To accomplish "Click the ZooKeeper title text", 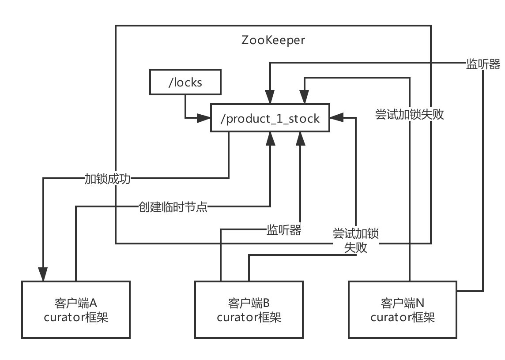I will [273, 40].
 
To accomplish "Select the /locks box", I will [185, 82].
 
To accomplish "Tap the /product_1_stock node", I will [270, 118].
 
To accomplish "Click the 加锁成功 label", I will [107, 179].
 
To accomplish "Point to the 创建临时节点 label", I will [173, 206].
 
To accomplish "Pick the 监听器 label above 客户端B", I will [283, 230].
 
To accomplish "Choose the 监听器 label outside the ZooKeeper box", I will [483, 64].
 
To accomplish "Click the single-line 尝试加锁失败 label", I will [409, 115].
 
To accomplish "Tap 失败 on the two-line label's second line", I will [355, 247].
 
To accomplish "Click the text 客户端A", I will [76, 304].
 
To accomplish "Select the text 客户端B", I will [249, 304].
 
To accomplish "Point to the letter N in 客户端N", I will [420, 304].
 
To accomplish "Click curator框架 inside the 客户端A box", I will [76, 318].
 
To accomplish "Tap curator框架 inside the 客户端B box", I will [249, 318].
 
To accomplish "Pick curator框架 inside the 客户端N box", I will [403, 318].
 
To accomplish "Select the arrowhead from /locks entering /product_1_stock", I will [204, 118].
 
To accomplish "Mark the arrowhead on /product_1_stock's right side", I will [335, 118].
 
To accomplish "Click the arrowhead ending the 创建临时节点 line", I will [271, 139].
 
